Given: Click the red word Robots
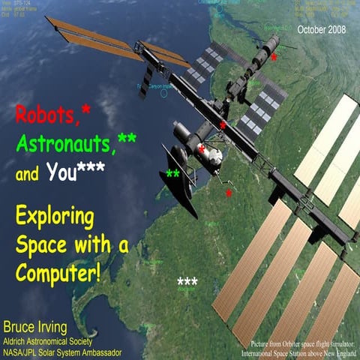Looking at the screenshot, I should [46, 115].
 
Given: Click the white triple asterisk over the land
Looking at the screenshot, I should [187, 283].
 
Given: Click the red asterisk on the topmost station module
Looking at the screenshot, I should [274, 57].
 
